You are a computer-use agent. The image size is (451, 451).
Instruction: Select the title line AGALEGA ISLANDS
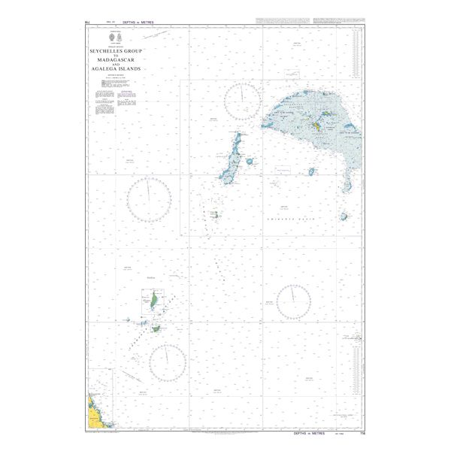(x=116, y=68)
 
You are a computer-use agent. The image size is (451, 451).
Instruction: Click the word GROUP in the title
(x=132, y=50)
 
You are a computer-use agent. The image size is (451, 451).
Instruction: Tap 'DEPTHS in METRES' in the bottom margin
(x=309, y=434)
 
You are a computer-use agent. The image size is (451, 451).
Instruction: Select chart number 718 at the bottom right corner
(x=362, y=434)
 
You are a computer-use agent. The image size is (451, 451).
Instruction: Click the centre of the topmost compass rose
(x=243, y=102)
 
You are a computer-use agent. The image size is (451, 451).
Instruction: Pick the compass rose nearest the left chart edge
(x=148, y=200)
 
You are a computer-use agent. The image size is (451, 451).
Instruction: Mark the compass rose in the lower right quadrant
(x=294, y=302)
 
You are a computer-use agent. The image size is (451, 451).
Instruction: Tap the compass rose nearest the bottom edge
(x=168, y=362)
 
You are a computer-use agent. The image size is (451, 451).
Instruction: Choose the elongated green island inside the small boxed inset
(x=153, y=301)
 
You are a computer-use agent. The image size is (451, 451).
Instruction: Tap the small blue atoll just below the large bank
(x=311, y=171)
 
